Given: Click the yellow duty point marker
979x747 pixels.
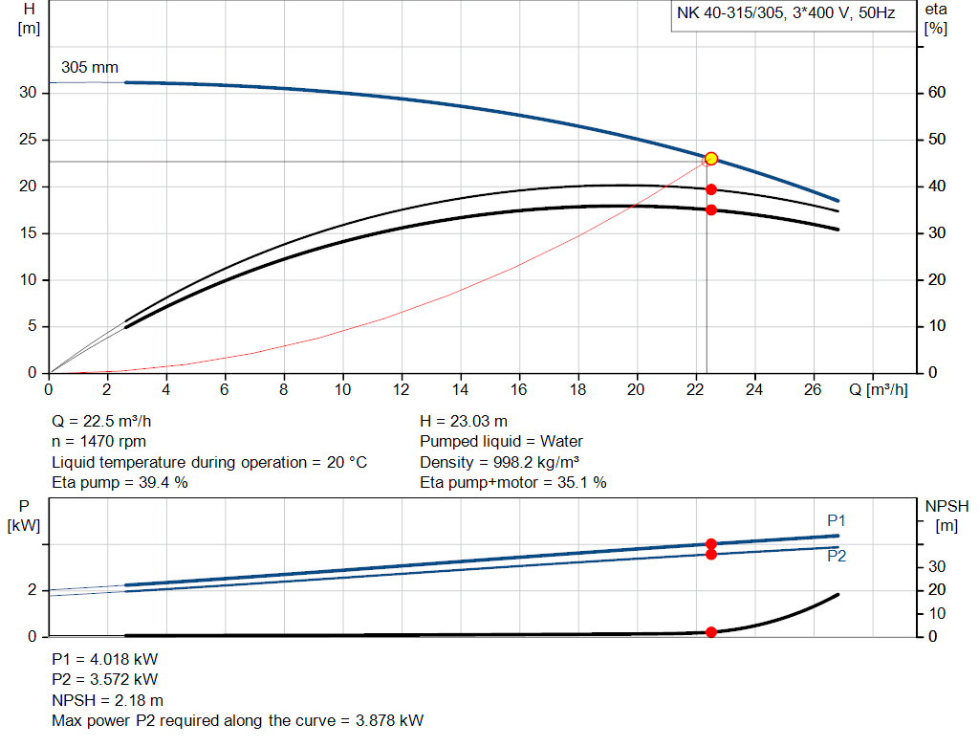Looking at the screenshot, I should [x=710, y=158].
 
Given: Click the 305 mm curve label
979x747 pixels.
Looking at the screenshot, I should [x=90, y=68].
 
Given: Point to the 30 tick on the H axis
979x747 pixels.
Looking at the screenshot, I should [x=29, y=93].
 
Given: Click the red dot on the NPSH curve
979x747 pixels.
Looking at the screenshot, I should [x=710, y=632].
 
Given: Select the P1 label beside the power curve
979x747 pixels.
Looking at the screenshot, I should [x=837, y=521].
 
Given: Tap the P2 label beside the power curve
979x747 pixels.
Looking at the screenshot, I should [x=837, y=556].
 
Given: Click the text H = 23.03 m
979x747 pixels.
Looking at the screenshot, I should [x=464, y=421].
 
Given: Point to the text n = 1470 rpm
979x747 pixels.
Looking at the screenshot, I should [x=100, y=442].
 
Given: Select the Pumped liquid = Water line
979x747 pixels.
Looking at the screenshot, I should [x=501, y=442].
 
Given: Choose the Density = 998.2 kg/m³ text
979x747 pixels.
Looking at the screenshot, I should [x=499, y=462].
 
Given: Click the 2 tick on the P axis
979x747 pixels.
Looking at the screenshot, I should [x=31, y=590].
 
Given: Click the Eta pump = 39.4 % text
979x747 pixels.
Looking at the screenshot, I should [x=119, y=483].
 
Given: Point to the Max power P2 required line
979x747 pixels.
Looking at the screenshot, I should [x=237, y=720].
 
